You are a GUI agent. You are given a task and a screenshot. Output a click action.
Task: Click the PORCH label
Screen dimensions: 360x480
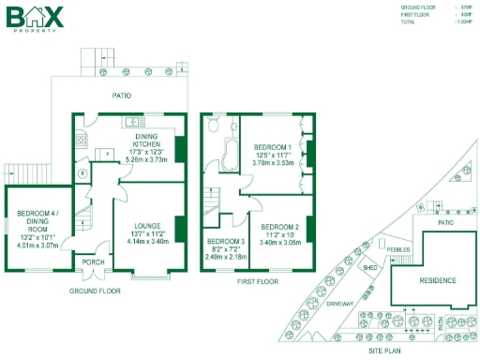tap(94, 262)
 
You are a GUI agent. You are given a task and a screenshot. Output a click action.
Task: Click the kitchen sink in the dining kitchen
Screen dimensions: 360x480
tap(129, 122)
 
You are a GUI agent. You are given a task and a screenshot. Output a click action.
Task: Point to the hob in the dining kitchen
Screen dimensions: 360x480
tap(80, 142)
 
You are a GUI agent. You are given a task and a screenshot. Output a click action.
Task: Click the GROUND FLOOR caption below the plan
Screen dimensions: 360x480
tap(95, 292)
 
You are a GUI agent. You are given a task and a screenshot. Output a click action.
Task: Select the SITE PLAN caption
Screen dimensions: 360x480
tap(383, 349)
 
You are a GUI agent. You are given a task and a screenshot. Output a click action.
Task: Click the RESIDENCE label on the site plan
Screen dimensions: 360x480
tap(437, 281)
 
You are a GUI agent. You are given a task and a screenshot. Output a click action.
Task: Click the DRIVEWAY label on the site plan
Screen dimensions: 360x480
tap(341, 304)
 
